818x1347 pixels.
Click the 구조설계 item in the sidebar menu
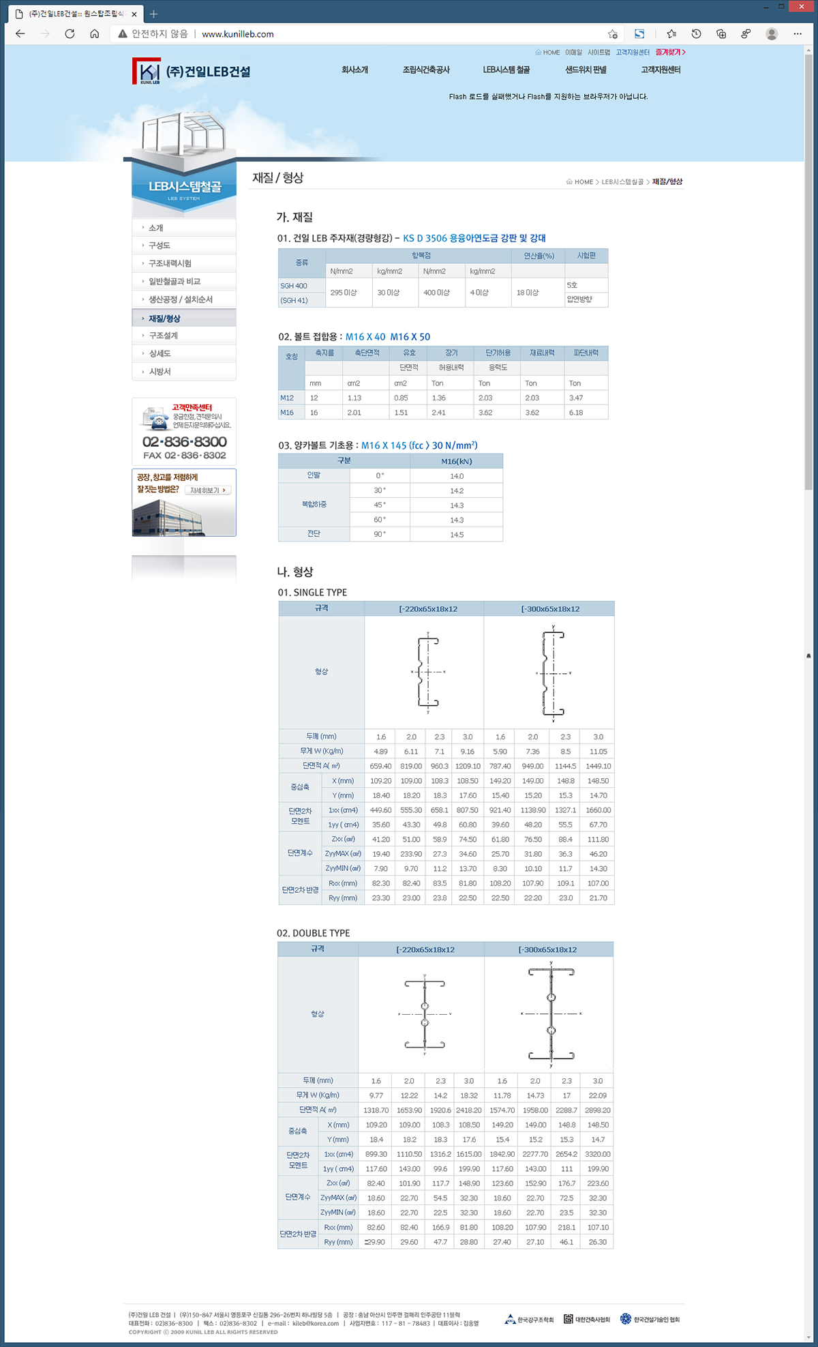[x=164, y=336]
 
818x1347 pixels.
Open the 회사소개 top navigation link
[x=354, y=70]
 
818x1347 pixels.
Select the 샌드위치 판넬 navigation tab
[x=586, y=70]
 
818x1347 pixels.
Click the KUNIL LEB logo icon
[x=146, y=71]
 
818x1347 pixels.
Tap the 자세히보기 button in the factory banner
[x=208, y=490]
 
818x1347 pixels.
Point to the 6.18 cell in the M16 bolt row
[x=576, y=413]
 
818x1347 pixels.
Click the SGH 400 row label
[x=294, y=286]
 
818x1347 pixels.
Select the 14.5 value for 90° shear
[x=457, y=535]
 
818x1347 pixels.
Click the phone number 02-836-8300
[x=184, y=441]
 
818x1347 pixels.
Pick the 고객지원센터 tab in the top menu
[x=661, y=70]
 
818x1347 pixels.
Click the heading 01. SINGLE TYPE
[x=312, y=592]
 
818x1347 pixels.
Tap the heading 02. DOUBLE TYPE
[x=313, y=933]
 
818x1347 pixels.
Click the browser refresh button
[x=70, y=33]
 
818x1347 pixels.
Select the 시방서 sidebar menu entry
[x=160, y=372]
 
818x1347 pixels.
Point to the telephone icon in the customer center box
[x=156, y=418]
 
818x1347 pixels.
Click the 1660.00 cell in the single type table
[x=598, y=810]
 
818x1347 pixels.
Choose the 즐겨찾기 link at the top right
[x=670, y=52]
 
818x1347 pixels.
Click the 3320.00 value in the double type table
[x=597, y=1154]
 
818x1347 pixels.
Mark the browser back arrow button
[x=20, y=33]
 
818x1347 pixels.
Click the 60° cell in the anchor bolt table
[x=380, y=520]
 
